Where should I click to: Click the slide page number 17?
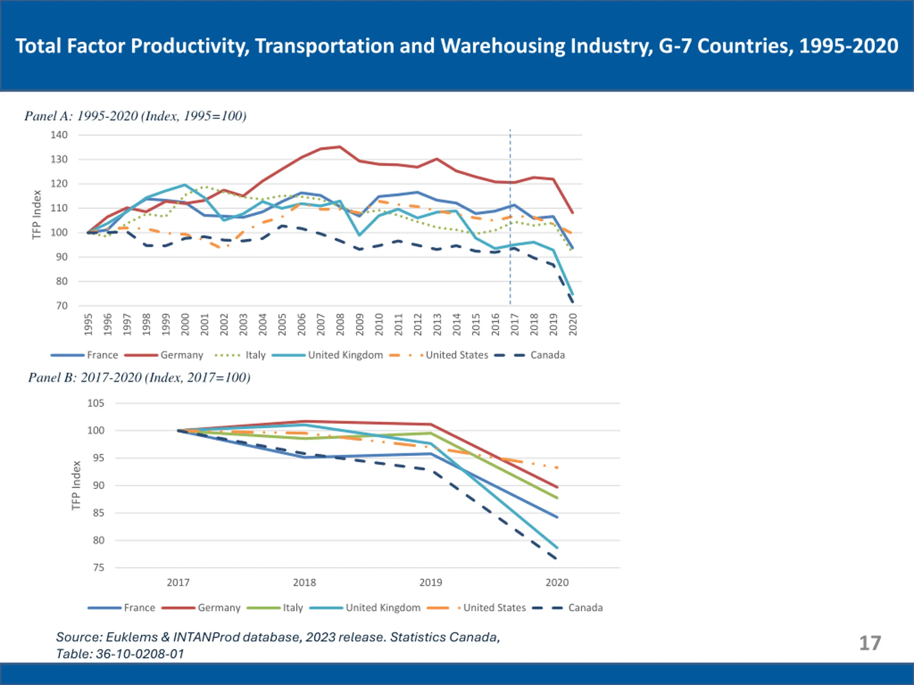870,643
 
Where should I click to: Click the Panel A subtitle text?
136,116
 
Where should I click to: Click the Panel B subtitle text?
139,377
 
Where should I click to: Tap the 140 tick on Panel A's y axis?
59,135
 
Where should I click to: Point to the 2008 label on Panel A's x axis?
340,325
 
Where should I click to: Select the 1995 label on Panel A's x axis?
88,325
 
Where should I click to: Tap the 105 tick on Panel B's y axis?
96,404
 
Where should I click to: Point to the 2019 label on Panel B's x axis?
431,583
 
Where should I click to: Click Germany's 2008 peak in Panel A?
340,147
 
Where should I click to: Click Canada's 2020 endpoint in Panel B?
557,559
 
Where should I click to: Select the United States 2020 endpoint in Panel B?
557,468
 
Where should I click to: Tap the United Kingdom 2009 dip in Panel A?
360,235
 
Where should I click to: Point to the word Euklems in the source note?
132,637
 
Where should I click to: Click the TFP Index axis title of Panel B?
76,486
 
